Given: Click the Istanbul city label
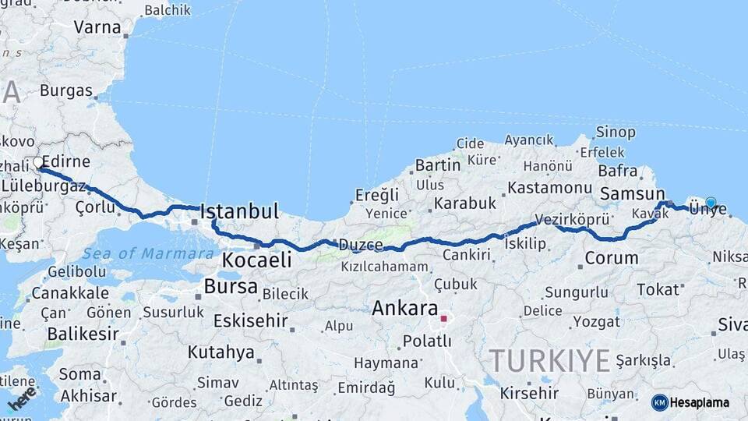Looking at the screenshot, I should pos(239,211).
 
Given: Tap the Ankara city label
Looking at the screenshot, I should pos(404,308).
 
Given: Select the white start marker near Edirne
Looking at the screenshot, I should pos(38,163).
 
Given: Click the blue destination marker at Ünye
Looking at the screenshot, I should pos(711,203).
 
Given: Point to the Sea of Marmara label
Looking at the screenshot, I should pos(148,253).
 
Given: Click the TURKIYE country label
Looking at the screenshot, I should pos(549,361).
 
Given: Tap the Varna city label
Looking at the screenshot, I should pos(97,27).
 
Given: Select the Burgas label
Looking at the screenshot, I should pos(66,90).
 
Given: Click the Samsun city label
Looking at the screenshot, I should pos(632,194).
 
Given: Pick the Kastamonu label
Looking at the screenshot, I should pos(550,188).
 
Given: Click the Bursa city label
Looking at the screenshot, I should pos(231,286).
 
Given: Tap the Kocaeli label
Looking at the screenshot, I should pos(256,260).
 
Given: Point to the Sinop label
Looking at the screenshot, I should pos(616,133).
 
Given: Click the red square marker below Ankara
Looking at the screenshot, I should pos(443,319).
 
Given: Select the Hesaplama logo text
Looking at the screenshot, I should pos(700,402).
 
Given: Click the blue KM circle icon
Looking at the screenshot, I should pos(660,402).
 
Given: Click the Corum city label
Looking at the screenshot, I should pos(612,258).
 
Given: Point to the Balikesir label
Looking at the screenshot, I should pos(83,334).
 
